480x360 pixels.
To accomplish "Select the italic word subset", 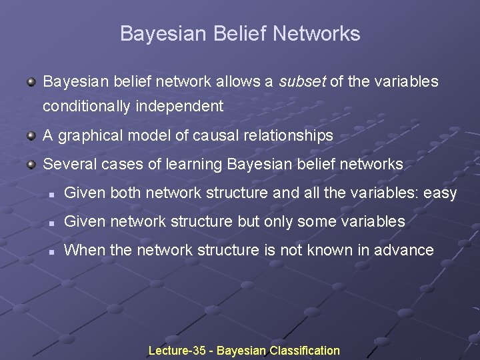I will (x=302, y=82).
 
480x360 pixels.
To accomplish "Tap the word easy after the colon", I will (x=440, y=193).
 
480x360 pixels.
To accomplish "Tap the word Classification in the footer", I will (x=304, y=351).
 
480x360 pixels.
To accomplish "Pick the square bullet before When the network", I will (x=51, y=251).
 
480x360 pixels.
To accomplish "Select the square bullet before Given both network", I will (x=51, y=194).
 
